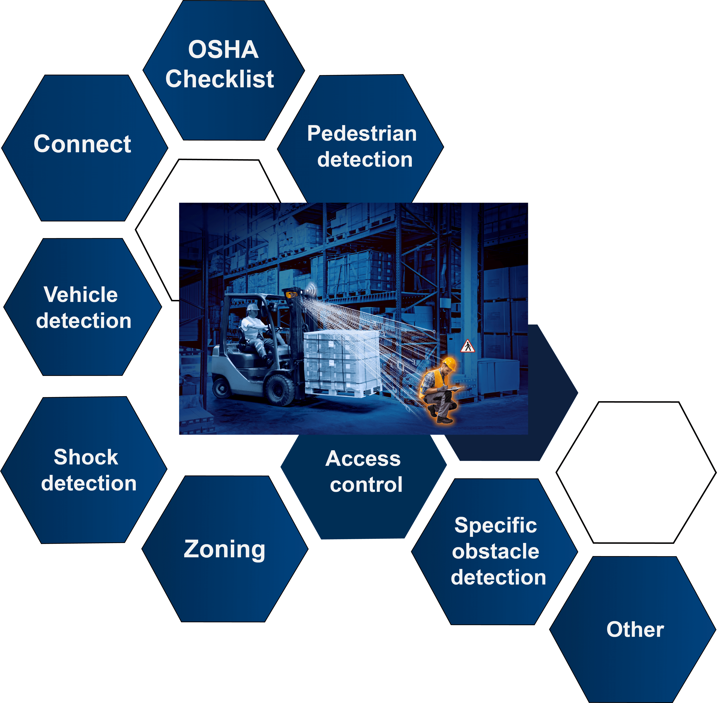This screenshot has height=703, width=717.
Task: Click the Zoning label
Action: click(224, 549)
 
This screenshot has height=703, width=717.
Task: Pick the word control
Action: click(366, 484)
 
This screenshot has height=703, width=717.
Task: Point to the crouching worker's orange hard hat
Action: click(449, 363)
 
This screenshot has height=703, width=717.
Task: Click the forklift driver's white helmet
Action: click(253, 307)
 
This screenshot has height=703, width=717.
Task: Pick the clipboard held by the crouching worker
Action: click(455, 389)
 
